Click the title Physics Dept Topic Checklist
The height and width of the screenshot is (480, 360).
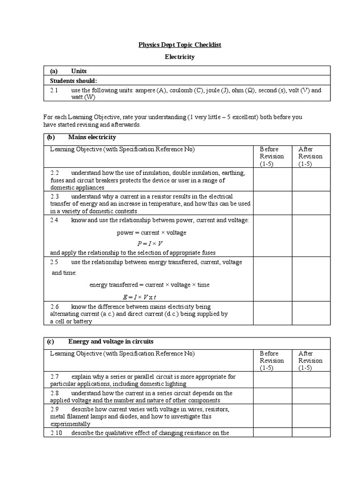click(x=180, y=45)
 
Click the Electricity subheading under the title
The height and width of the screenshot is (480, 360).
click(x=180, y=57)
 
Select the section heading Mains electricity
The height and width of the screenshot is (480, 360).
click(x=92, y=137)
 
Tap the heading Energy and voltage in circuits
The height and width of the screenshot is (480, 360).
click(x=111, y=341)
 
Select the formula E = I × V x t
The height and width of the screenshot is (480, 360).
click(x=139, y=297)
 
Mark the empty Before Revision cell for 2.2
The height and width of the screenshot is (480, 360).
click(x=273, y=180)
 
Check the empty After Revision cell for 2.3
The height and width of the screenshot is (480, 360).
click(x=311, y=203)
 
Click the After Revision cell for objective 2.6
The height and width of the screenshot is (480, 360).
click(x=311, y=313)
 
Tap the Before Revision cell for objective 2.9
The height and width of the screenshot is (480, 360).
click(x=273, y=416)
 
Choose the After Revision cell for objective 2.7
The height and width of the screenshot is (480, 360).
click(x=311, y=380)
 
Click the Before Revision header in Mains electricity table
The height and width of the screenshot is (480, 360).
click(x=272, y=156)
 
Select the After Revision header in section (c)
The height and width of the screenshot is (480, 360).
click(x=310, y=360)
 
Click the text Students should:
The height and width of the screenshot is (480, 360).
click(x=74, y=81)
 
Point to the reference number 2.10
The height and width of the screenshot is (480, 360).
click(x=56, y=433)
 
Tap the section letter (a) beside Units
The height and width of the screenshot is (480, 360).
click(x=53, y=71)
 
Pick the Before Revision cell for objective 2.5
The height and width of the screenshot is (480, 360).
click(x=273, y=278)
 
